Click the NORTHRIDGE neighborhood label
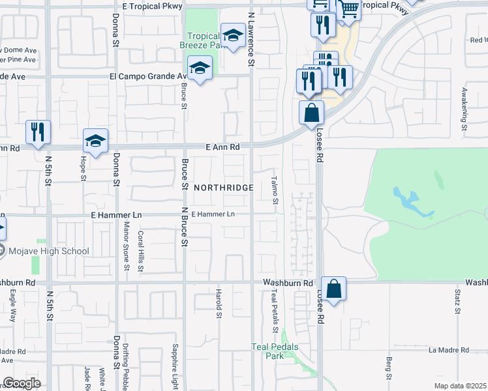(223, 187)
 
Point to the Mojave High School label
(48, 251)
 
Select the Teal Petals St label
(275, 306)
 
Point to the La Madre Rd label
(448, 350)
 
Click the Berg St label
(388, 369)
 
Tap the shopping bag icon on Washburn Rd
(333, 289)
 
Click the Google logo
(22, 383)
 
